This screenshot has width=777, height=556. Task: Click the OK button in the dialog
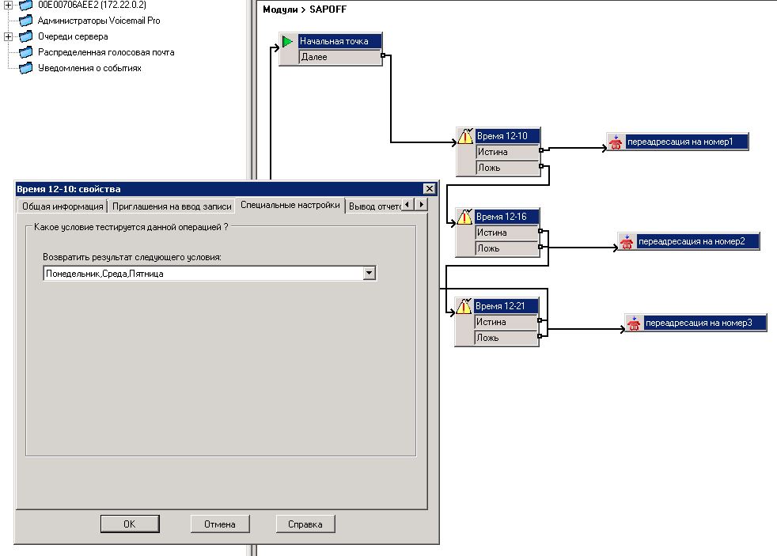pos(130,524)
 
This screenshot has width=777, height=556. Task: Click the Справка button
pos(305,524)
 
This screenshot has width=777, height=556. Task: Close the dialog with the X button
pos(429,189)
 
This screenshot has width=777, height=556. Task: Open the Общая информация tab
pos(63,206)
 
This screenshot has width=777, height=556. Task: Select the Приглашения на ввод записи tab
pos(172,206)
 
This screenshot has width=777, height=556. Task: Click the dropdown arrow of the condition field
pos(370,273)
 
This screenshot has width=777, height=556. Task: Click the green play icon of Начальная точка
pos(287,41)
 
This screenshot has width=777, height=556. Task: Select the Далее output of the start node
pos(339,57)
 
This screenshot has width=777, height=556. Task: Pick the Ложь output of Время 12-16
pos(506,248)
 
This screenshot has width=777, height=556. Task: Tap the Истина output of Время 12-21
pos(506,322)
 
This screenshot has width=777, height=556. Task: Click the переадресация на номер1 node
pos(677,142)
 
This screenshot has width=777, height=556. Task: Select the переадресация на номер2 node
pos(689,241)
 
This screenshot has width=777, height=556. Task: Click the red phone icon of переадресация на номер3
pos(634,323)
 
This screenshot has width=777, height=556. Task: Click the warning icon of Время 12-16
pos(464,217)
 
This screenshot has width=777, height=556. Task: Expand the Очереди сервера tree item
pos(8,36)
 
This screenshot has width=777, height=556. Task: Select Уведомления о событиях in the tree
pos(89,68)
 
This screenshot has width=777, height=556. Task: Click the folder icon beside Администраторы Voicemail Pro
pos(26,21)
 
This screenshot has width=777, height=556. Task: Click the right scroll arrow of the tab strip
pos(421,204)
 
